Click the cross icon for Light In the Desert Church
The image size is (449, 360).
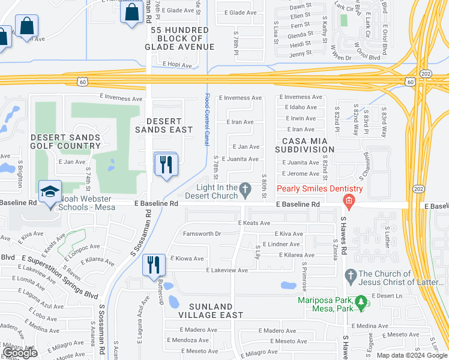tap(245, 190)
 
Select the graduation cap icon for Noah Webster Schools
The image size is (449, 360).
tap(50, 192)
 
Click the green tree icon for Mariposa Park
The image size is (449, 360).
tap(361, 303)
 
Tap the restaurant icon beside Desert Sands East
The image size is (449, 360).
tap(166, 164)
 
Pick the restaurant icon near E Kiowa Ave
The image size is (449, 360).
tap(154, 264)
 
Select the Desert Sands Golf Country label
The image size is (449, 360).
tap(65, 142)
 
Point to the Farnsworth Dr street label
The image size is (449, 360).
tap(203, 233)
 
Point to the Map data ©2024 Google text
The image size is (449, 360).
tap(411, 355)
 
